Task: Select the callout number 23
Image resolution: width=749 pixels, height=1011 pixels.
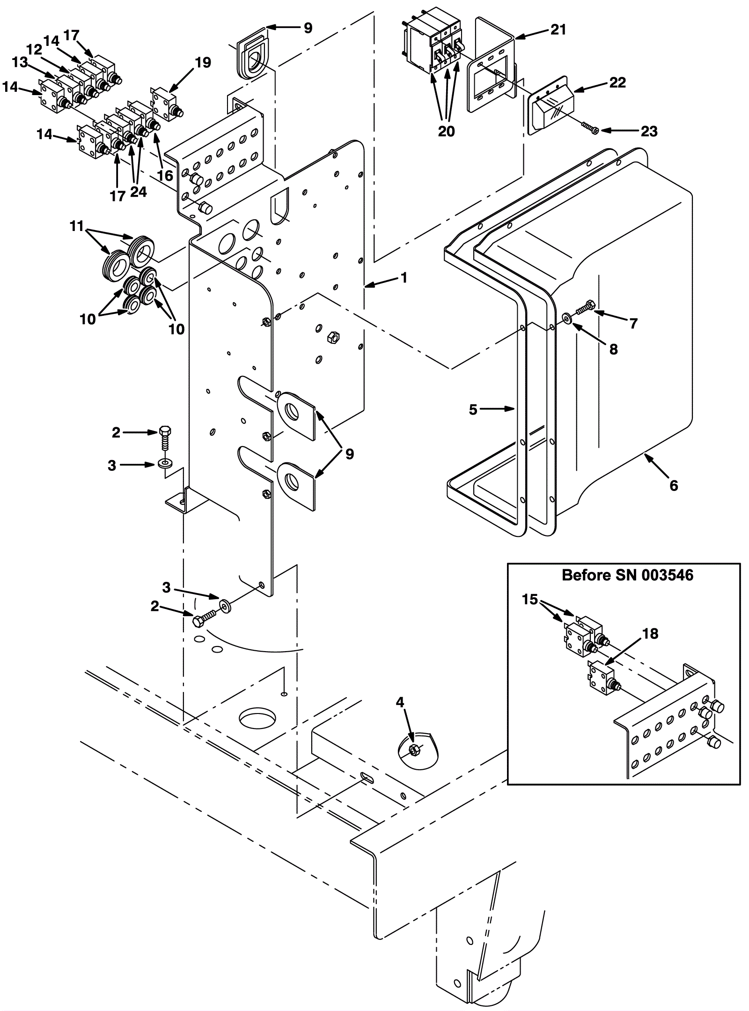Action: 649,131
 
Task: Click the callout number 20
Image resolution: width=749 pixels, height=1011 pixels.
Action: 446,131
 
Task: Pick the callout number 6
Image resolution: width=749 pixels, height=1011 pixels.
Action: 674,485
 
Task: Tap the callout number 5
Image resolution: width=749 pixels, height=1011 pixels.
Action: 473,409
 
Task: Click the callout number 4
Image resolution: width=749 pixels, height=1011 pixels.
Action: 400,702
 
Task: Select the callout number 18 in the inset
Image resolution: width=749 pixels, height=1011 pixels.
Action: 650,633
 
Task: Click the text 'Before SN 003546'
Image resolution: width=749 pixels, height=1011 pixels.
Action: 627,575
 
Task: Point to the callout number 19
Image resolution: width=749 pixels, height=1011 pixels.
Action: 203,62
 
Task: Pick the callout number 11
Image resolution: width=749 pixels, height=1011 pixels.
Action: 77,226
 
